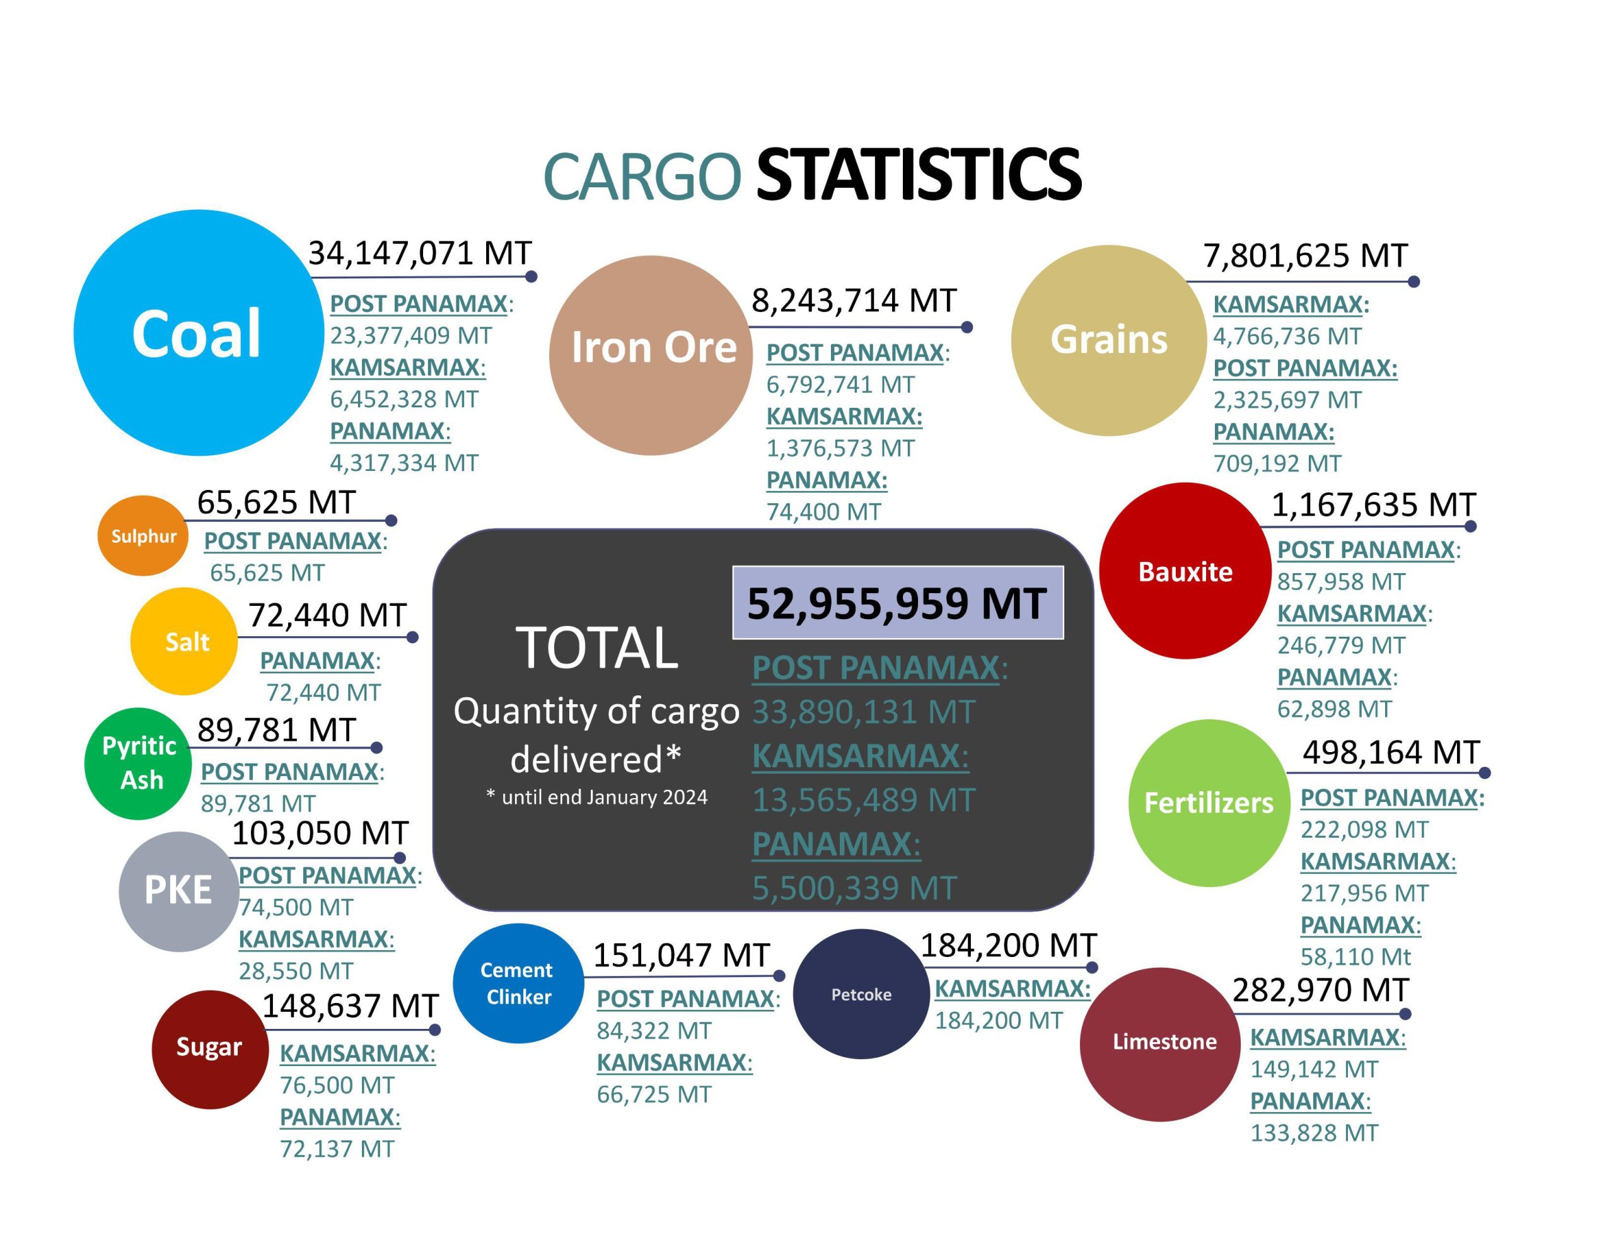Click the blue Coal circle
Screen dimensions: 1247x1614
click(x=198, y=333)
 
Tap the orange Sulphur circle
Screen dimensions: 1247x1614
click(x=142, y=535)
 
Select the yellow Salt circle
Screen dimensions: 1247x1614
click(x=184, y=641)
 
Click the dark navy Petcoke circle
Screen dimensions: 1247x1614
click(x=861, y=994)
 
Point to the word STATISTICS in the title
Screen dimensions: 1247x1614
click(x=918, y=175)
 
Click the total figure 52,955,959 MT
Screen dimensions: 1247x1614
click(x=897, y=603)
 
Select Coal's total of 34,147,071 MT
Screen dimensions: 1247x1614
click(x=419, y=253)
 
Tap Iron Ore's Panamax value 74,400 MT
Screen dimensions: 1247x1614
click(x=823, y=511)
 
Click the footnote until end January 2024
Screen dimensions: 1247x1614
click(x=596, y=797)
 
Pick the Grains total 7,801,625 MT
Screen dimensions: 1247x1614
click(x=1305, y=256)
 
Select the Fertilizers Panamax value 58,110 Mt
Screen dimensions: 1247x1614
click(x=1356, y=956)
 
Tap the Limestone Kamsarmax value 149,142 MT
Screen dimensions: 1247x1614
click(x=1314, y=1069)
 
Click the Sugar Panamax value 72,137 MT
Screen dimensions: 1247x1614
click(x=337, y=1149)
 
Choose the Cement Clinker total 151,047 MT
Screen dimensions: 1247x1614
click(x=681, y=955)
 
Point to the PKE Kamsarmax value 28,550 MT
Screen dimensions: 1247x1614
click(x=296, y=970)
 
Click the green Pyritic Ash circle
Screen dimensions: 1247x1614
click(x=139, y=763)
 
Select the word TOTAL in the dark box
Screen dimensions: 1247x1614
click(x=596, y=647)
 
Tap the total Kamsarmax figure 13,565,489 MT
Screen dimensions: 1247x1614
click(x=863, y=800)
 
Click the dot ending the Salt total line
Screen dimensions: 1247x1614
click(x=412, y=637)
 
